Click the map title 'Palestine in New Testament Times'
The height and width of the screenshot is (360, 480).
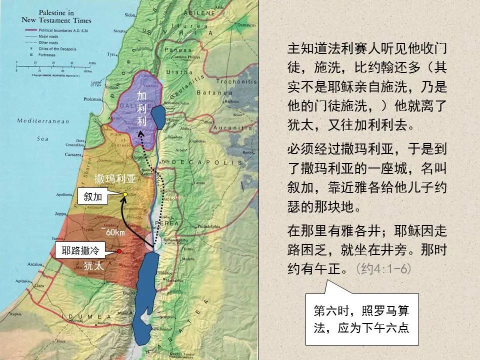click(56, 16)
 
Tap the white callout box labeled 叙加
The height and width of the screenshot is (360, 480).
click(92, 197)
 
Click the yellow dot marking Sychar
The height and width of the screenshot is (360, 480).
click(124, 194)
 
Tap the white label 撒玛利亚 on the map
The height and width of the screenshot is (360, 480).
click(115, 177)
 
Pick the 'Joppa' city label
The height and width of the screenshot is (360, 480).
click(60, 213)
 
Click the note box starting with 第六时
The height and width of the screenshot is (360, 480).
click(361, 319)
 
